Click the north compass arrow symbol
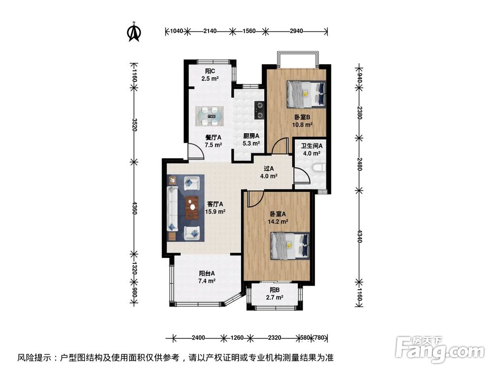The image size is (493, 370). [x=134, y=32]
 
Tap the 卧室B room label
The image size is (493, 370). [x=302, y=121]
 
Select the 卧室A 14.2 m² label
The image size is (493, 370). [x=278, y=218]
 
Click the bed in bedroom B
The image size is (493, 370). [x=306, y=94]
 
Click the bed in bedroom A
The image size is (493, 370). [x=290, y=245]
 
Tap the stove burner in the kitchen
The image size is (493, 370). [x=260, y=110]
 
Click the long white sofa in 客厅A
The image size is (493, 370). [x=173, y=208]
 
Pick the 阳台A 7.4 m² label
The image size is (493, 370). [x=207, y=277]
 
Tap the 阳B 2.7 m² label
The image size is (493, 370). [x=275, y=294]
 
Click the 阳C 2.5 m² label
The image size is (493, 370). [x=209, y=74]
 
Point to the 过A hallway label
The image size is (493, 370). [x=269, y=172]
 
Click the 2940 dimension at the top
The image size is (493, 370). [x=296, y=31]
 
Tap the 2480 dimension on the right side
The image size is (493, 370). [x=359, y=163]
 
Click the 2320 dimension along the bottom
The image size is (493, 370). [x=275, y=338]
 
